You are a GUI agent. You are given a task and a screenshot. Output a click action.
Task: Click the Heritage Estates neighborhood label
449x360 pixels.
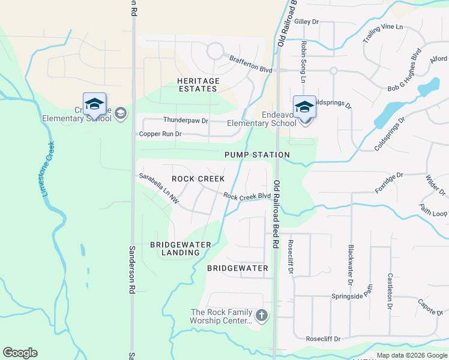[x=198, y=85]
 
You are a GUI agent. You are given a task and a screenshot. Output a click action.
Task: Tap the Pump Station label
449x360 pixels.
[x=257, y=155]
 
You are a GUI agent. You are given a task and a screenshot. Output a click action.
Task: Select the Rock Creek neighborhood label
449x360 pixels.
[x=198, y=179]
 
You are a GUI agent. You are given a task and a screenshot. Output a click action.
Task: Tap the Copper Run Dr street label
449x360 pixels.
[x=160, y=134]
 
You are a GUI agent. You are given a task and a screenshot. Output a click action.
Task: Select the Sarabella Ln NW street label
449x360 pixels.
[x=158, y=187]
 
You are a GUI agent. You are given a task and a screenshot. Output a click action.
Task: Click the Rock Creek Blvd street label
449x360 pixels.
[x=247, y=196]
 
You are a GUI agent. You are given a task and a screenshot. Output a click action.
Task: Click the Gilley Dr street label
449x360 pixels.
[x=306, y=22]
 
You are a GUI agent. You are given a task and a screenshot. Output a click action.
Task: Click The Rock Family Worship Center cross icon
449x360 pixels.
[x=261, y=315]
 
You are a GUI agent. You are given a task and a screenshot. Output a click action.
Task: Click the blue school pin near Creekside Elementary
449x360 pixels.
[x=94, y=104]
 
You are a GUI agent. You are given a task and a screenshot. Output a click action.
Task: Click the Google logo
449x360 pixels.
[x=20, y=353]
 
